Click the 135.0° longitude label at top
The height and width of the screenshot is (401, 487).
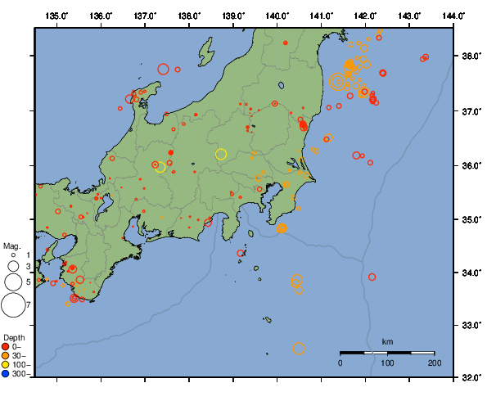coord(57,16)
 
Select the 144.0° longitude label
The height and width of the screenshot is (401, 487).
coord(453,16)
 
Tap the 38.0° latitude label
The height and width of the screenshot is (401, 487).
coord(468,56)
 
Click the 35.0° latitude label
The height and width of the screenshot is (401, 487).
coord(468,219)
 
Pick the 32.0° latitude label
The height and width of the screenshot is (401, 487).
coord(468,378)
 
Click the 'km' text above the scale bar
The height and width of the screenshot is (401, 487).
coord(387,341)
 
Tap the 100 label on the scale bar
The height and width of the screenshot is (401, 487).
coord(387,362)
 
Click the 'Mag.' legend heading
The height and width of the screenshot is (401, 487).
coord(11,246)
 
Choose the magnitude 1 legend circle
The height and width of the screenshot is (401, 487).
coord(13,255)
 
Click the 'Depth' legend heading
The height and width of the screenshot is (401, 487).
coord(14,337)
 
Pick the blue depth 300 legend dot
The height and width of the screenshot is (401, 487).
coord(7,373)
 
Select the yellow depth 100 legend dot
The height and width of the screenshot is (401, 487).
coord(7,364)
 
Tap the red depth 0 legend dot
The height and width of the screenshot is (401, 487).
coord(7,346)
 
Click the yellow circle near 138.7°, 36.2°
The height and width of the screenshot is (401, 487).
coord(221,154)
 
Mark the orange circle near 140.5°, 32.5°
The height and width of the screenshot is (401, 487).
coord(299,349)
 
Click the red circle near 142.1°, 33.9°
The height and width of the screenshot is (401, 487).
coord(372,277)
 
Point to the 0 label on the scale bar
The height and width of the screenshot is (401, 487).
coord(340,362)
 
